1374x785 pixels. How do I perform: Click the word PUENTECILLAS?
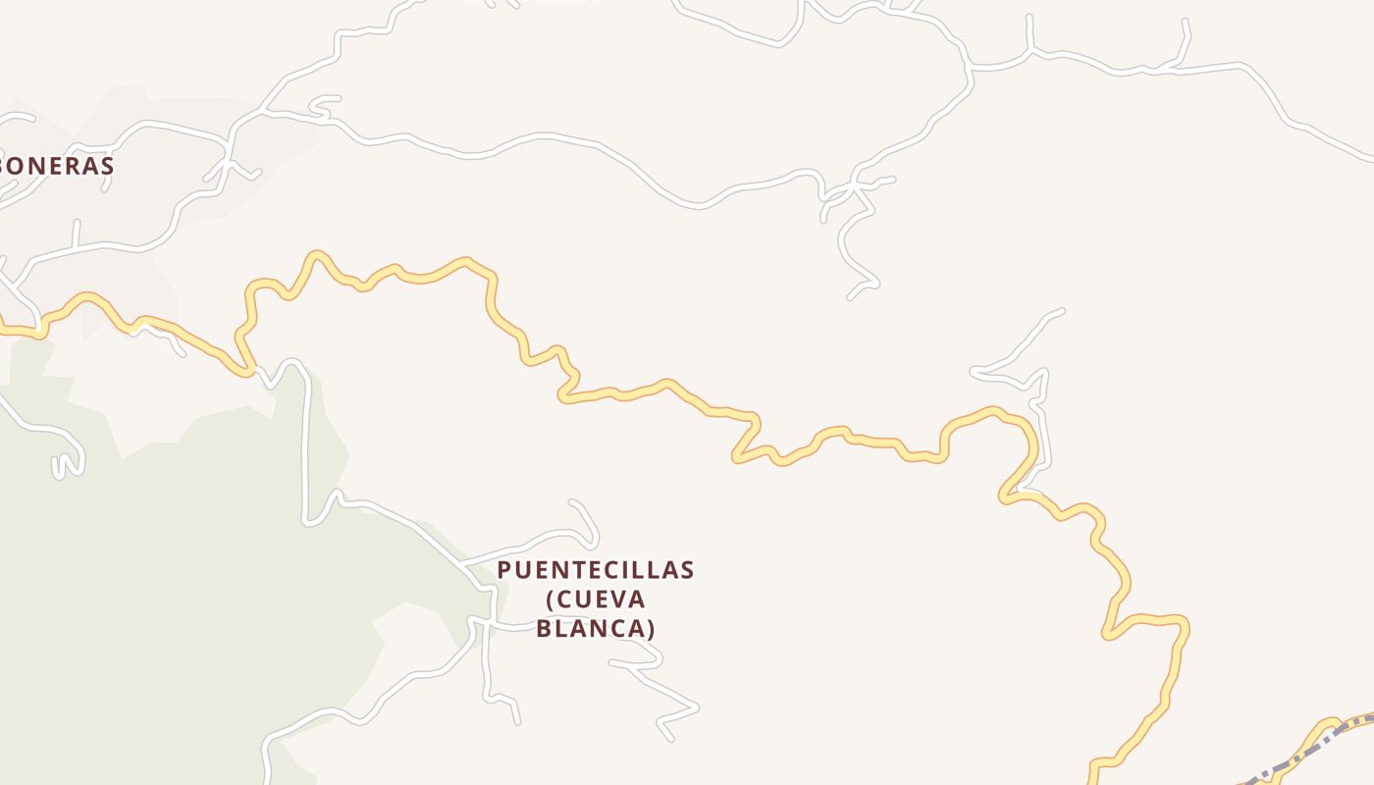tap(596, 570)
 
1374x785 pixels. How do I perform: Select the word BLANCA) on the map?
tap(596, 628)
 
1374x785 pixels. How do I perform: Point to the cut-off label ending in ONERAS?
tap(56, 166)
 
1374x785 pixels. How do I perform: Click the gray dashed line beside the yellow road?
tap(1305, 751)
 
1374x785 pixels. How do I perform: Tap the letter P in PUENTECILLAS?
tap(504, 570)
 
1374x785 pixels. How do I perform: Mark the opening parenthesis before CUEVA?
tap(549, 600)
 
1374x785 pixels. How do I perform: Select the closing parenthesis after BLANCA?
tap(651, 628)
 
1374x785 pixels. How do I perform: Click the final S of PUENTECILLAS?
tap(688, 570)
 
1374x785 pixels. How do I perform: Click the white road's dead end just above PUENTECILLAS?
tap(572, 503)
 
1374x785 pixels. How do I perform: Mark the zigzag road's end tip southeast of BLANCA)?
tap(671, 739)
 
